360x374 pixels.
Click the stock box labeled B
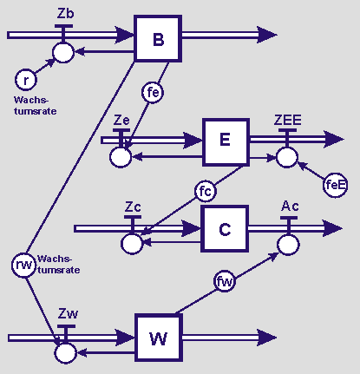click(x=158, y=38)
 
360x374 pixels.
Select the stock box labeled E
click(x=226, y=142)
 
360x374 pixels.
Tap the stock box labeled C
click(x=225, y=229)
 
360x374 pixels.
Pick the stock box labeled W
click(x=159, y=338)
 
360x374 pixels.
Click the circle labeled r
click(x=26, y=80)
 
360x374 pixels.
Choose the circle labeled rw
click(x=23, y=266)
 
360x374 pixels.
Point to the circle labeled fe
click(x=153, y=93)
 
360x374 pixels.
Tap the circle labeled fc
click(x=206, y=191)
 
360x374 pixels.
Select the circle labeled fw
click(x=225, y=281)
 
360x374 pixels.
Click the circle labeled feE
click(x=335, y=185)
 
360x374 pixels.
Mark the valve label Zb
click(x=65, y=14)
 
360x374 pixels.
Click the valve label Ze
click(x=121, y=120)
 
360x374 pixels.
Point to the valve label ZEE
click(x=287, y=120)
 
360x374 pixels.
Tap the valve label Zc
click(x=133, y=207)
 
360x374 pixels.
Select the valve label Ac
click(x=290, y=206)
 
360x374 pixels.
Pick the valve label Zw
click(x=69, y=313)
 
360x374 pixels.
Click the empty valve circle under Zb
click(x=63, y=53)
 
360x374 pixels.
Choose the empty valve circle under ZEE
click(x=287, y=157)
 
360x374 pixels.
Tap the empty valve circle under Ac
click(x=288, y=245)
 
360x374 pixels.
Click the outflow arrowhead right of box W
click(x=266, y=338)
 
